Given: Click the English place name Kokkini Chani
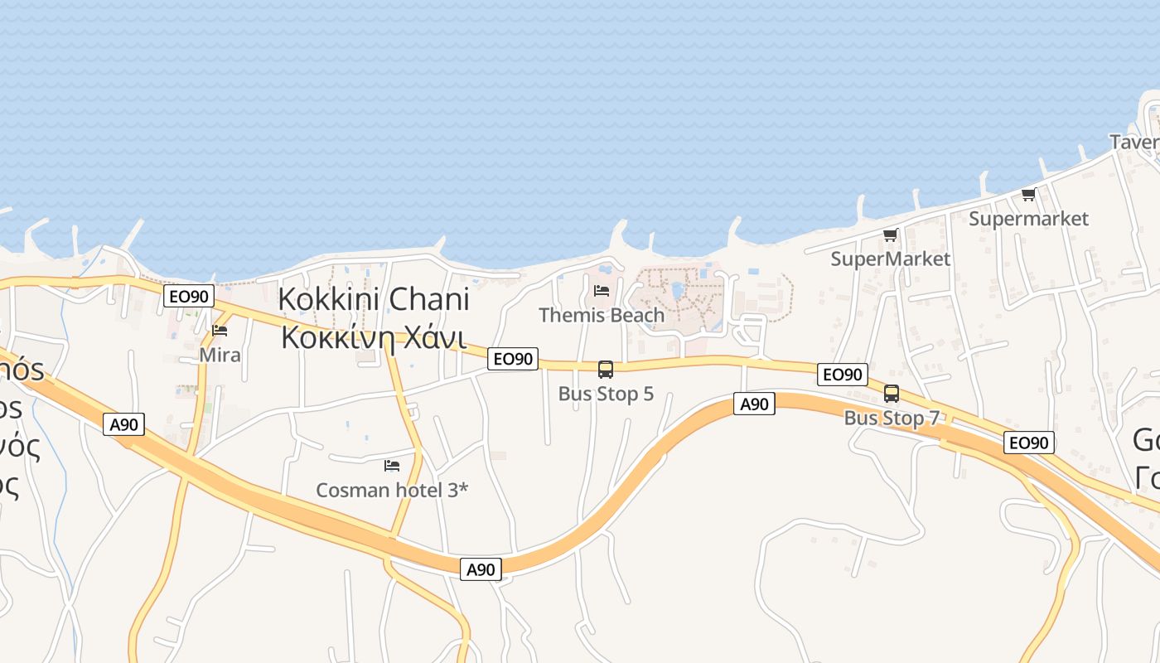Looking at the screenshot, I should click(x=374, y=299).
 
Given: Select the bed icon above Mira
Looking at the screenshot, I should click(x=220, y=330).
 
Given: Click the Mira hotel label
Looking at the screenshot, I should click(x=220, y=356).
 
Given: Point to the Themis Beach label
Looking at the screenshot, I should click(x=602, y=315).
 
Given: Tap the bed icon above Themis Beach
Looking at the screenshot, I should click(x=602, y=290).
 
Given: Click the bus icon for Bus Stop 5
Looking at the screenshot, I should click(x=606, y=370).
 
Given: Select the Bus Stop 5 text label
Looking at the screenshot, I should click(x=606, y=394).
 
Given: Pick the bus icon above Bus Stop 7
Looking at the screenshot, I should click(x=892, y=394).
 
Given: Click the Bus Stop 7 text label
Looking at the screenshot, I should click(x=892, y=419).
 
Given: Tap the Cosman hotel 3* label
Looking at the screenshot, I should click(x=392, y=490).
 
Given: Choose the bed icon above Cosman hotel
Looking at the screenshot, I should click(x=392, y=466).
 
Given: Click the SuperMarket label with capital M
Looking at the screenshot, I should click(x=891, y=259).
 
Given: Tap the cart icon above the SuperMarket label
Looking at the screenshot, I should click(x=890, y=235).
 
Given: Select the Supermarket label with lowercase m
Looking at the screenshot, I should click(x=1028, y=219).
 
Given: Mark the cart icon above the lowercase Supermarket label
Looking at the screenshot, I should click(x=1028, y=195).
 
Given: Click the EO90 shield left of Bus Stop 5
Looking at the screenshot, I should click(x=513, y=359).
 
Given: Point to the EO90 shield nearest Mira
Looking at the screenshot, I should click(x=189, y=296).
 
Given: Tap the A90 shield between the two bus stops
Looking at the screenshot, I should click(x=754, y=404).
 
